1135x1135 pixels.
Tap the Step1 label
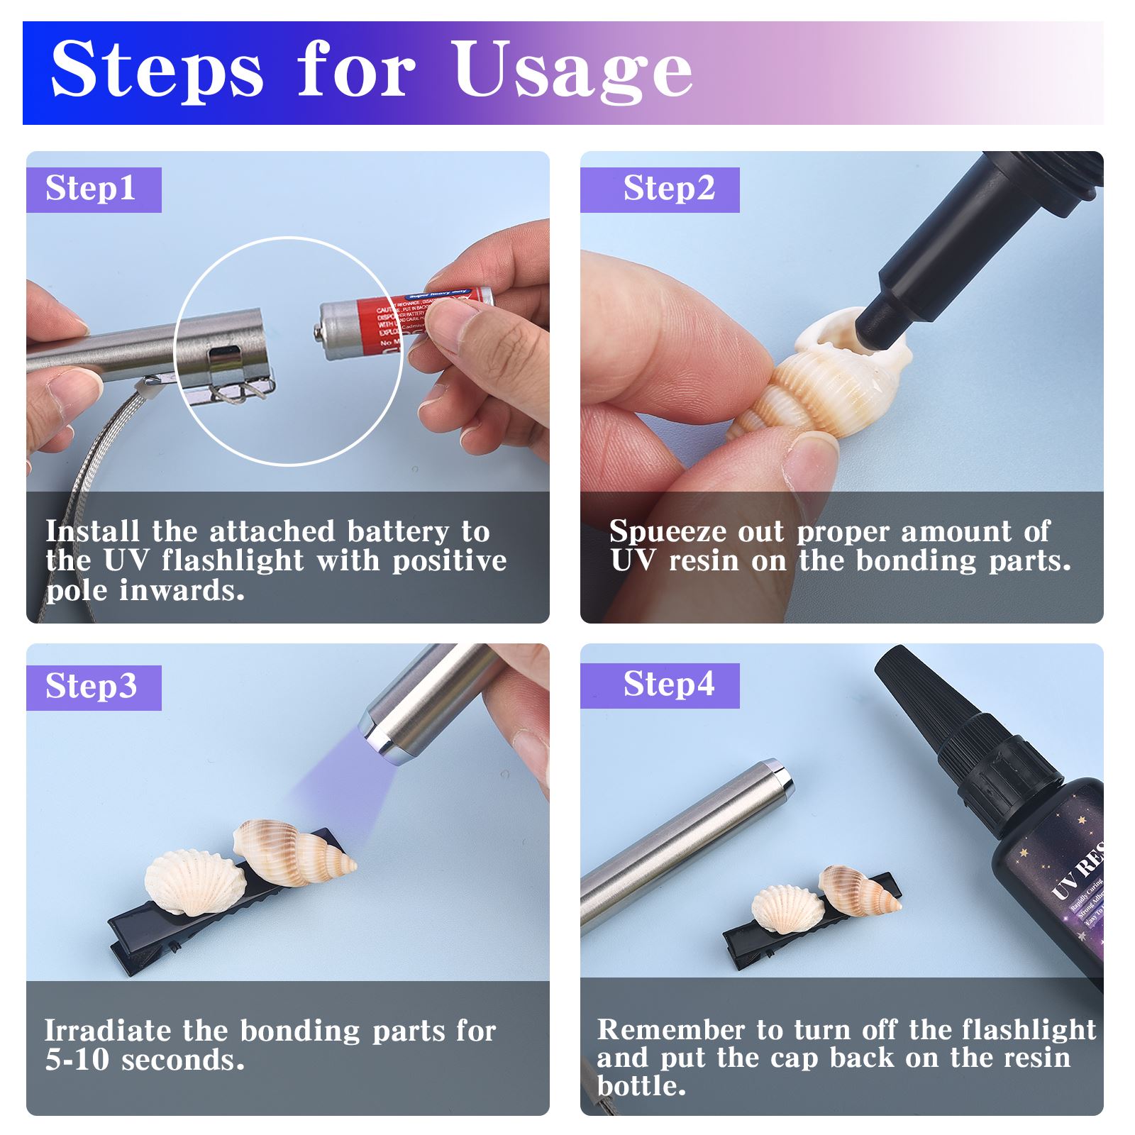tap(90, 189)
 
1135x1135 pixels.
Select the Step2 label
tap(669, 189)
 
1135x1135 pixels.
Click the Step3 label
tap(91, 687)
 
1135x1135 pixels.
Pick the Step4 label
tap(669, 685)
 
